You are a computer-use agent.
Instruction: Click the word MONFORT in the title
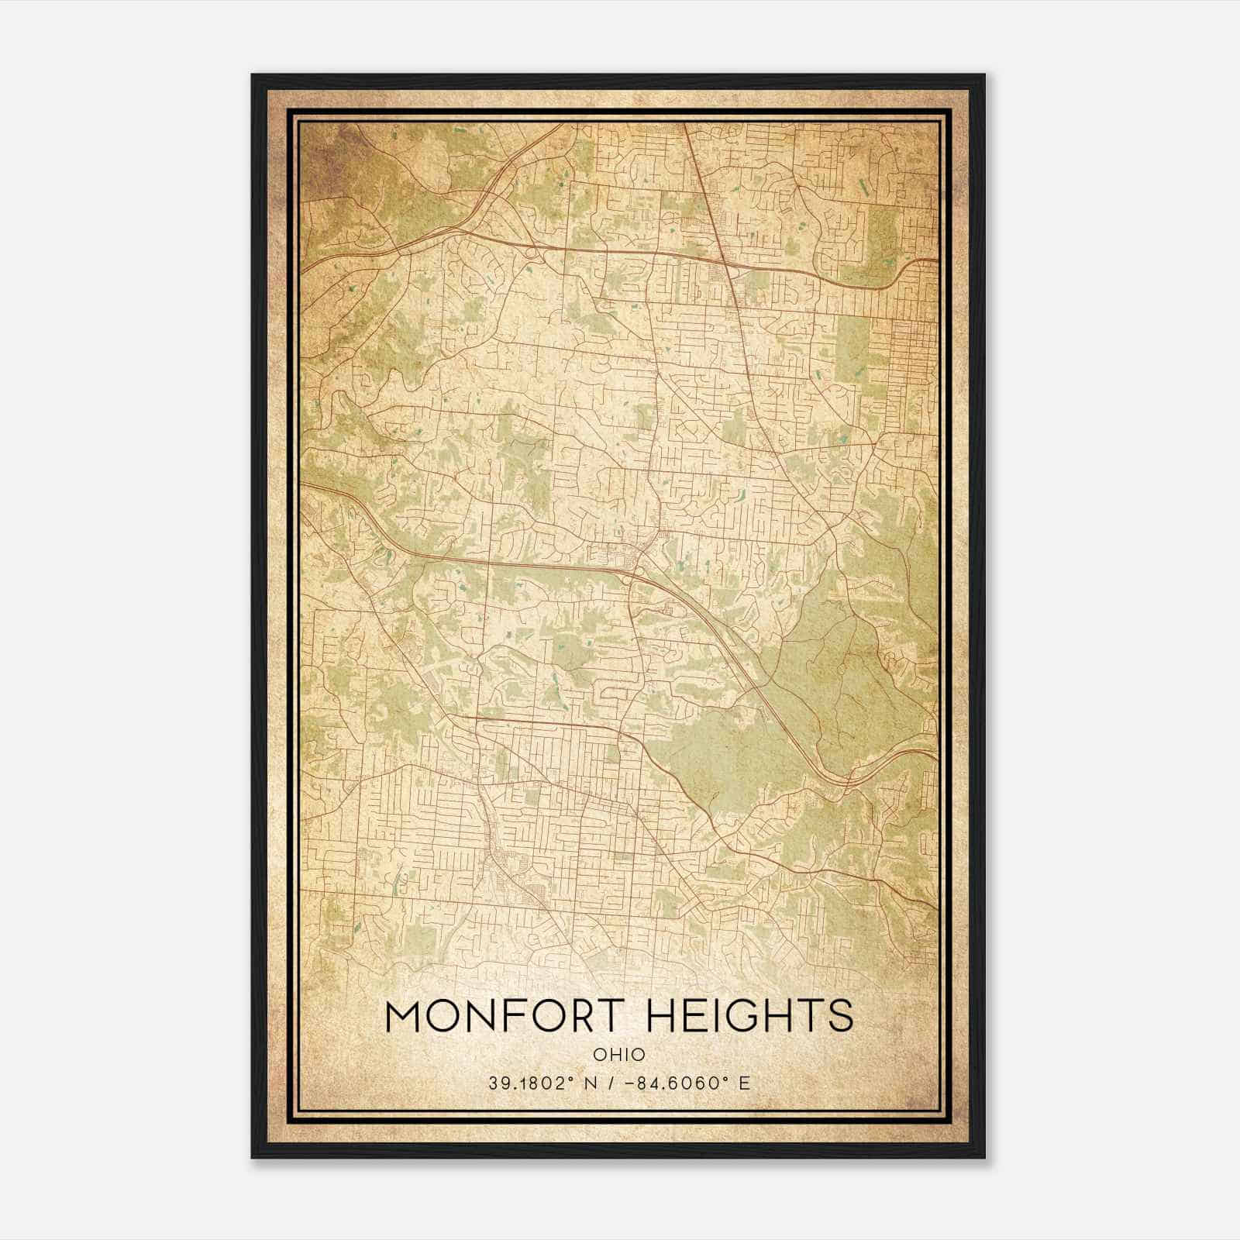pos(505,1016)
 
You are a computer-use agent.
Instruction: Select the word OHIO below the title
pos(619,1055)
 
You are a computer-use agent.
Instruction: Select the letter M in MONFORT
pos(405,1016)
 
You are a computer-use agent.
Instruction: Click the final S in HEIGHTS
pos(839,1016)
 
